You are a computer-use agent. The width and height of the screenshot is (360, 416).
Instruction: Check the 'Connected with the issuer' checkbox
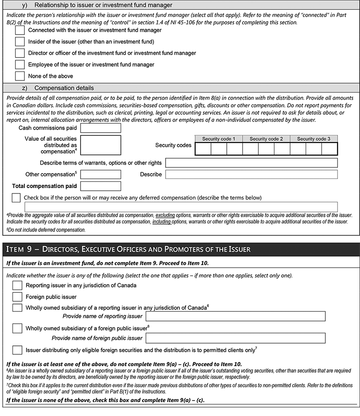click(x=20, y=30)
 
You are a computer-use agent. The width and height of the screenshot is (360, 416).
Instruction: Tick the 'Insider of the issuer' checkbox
click(x=20, y=41)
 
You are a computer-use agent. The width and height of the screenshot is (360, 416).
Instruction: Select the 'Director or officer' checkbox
click(x=20, y=53)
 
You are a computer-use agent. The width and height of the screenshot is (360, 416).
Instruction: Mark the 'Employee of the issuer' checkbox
click(x=20, y=64)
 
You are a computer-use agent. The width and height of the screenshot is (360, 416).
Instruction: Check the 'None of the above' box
click(x=20, y=76)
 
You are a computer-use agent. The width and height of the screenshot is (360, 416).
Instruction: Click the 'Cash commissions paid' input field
click(x=100, y=128)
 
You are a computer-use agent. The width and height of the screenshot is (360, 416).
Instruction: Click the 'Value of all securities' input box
click(x=100, y=145)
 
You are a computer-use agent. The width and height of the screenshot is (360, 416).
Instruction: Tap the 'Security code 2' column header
click(x=266, y=139)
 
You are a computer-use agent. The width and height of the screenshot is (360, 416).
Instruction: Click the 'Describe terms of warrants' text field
click(x=251, y=163)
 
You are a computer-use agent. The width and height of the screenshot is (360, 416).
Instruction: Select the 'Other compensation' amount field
click(x=100, y=174)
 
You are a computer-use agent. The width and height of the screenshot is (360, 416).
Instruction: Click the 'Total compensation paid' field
click(x=100, y=186)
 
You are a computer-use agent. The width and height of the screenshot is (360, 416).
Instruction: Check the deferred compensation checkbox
click(x=17, y=197)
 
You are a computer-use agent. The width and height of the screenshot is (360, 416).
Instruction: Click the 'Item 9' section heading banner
click(x=180, y=249)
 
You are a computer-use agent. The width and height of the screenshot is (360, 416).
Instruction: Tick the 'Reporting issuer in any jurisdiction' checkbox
click(x=17, y=285)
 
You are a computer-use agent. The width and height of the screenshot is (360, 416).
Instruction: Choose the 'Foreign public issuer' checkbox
click(x=17, y=297)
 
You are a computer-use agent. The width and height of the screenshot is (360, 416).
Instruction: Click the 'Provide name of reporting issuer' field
click(x=235, y=317)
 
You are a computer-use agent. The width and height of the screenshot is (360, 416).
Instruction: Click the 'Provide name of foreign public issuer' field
click(x=235, y=338)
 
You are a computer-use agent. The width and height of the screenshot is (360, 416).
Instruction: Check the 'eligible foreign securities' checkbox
click(x=17, y=350)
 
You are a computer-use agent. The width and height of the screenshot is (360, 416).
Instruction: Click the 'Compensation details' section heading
click(x=64, y=88)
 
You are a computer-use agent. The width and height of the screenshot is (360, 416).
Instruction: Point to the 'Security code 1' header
click(x=219, y=139)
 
